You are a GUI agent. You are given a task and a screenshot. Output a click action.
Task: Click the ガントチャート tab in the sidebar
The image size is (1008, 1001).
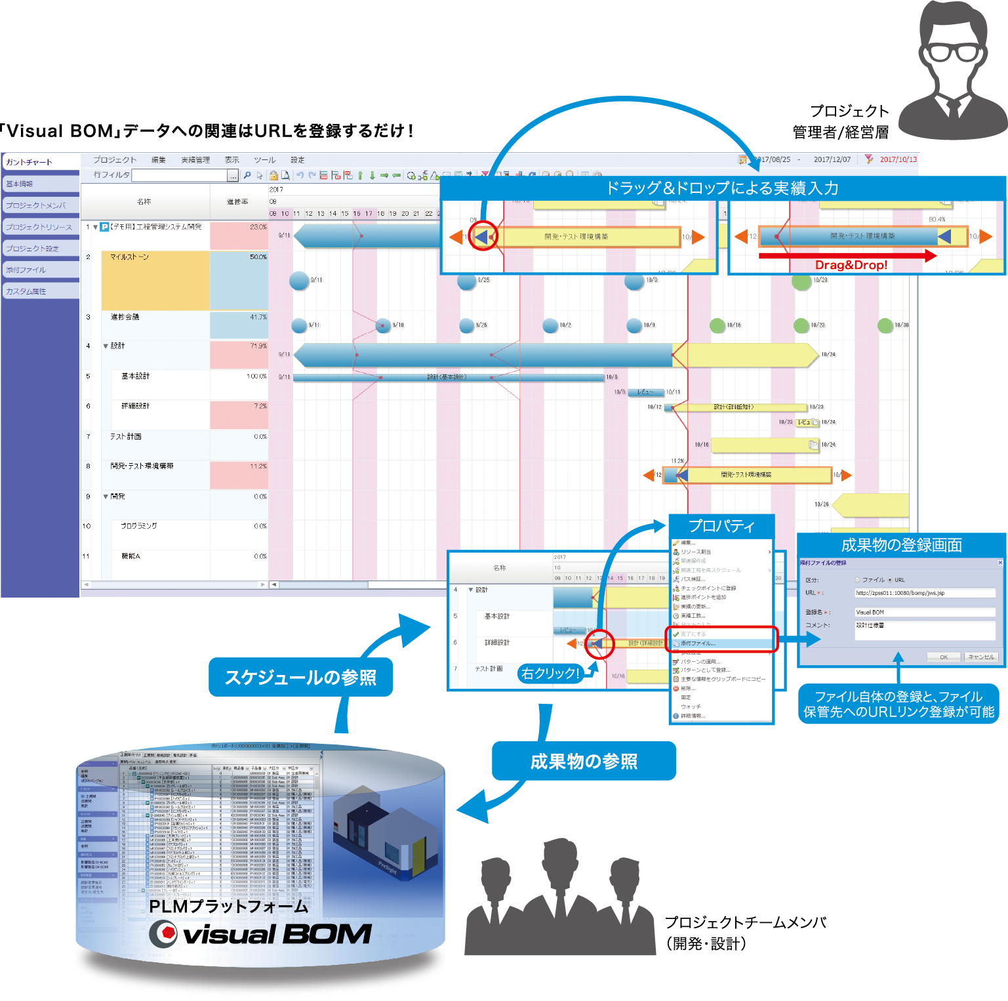[30, 162]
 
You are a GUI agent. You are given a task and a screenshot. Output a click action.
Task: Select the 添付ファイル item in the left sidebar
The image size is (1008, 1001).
[26, 270]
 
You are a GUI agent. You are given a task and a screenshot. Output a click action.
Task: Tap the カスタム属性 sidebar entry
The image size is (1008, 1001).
[26, 291]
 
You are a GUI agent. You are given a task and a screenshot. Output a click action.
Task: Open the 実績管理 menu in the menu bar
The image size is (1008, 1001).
[195, 160]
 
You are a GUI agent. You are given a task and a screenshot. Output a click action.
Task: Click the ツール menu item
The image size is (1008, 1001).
[265, 160]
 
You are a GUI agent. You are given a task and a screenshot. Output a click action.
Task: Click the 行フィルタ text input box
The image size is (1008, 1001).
[180, 175]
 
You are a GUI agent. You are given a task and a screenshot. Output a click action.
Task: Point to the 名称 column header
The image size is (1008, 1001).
[144, 201]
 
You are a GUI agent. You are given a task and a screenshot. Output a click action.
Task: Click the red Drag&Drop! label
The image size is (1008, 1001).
[851, 265]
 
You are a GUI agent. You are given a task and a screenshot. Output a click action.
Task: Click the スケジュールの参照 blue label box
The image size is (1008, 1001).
[300, 677]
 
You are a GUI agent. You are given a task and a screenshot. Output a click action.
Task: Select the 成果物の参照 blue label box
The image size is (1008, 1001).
[584, 761]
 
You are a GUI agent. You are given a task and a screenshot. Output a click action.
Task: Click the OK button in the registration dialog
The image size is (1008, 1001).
[943, 657]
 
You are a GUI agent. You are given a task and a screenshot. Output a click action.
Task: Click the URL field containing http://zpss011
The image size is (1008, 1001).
[924, 593]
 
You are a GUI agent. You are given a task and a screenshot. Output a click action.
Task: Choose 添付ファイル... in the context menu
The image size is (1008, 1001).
[699, 643]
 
